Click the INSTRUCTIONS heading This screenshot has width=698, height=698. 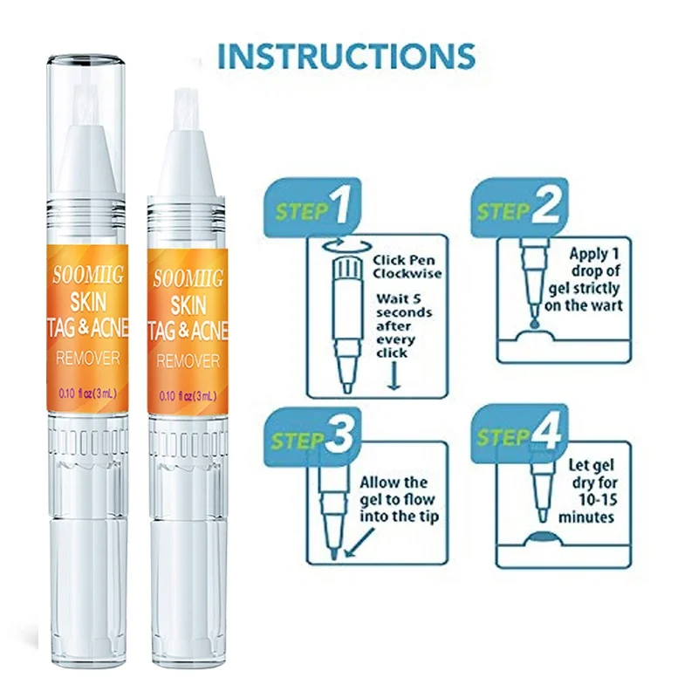coord(346,55)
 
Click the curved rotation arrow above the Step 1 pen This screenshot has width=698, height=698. coord(343,248)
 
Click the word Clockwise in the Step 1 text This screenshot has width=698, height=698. coord(406,274)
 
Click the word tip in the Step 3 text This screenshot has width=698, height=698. coord(429,517)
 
